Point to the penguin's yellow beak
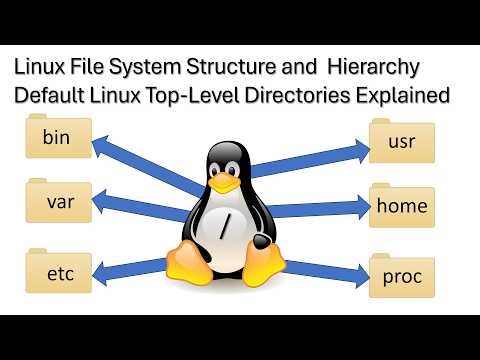pyautogui.click(x=229, y=184)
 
